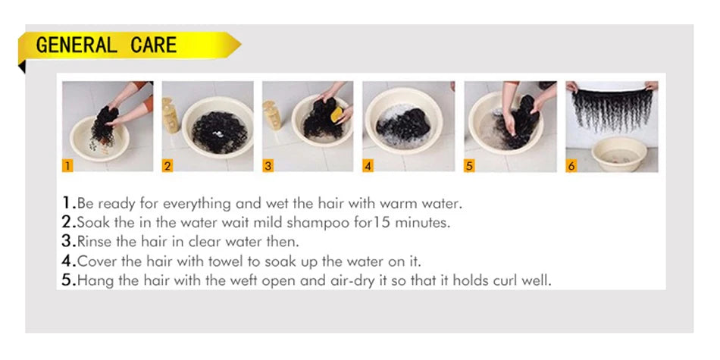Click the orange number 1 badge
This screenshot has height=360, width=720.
click(x=67, y=166)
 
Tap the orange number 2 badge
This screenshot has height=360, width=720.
click(x=167, y=166)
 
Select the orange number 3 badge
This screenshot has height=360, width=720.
click(x=268, y=166)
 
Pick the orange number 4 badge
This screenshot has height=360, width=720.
click(x=368, y=166)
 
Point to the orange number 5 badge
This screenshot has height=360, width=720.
click(x=469, y=166)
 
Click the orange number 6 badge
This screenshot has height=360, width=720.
click(x=571, y=166)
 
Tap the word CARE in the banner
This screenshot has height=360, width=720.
click(x=153, y=45)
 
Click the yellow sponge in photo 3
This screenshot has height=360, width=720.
click(x=337, y=114)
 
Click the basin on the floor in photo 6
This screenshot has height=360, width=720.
click(x=618, y=154)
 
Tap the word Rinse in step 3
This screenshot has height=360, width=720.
click(x=92, y=242)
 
